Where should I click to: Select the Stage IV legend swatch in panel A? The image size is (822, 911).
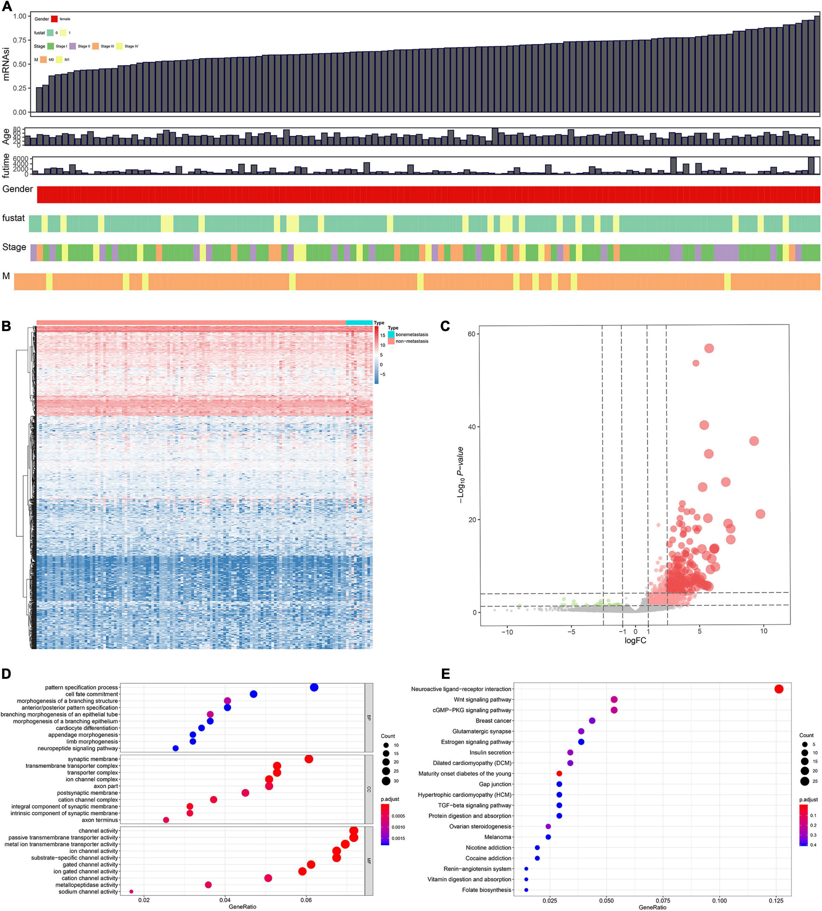click(120, 46)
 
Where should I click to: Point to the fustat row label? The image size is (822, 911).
click(14, 218)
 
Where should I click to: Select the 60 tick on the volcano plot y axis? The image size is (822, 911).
click(472, 334)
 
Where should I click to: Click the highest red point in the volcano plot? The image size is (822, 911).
click(709, 348)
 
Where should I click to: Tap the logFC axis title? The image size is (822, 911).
click(635, 641)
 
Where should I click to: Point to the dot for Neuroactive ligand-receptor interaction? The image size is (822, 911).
click(779, 689)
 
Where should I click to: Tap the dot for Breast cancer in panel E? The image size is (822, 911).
click(592, 720)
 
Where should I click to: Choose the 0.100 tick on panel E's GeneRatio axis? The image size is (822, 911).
click(720, 900)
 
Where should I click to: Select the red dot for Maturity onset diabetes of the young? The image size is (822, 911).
click(559, 773)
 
